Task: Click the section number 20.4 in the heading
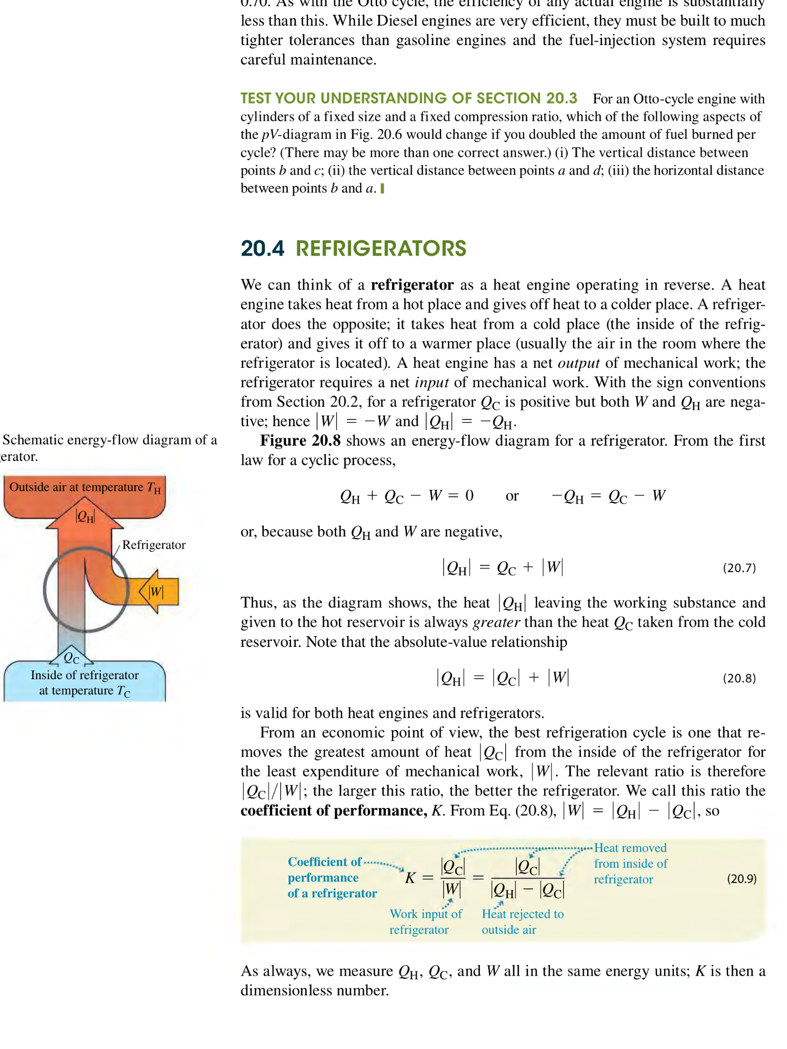(262, 249)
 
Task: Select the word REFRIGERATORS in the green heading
(381, 249)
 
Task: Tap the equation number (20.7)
(739, 568)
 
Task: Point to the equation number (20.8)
(739, 678)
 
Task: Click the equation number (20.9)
(741, 879)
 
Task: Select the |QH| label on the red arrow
(85, 516)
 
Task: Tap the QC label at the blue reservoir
(72, 658)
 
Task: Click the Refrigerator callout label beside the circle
(154, 545)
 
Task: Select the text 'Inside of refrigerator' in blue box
(85, 675)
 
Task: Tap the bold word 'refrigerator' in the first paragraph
(412, 285)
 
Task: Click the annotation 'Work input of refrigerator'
(425, 921)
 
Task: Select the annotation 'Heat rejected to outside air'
(522, 921)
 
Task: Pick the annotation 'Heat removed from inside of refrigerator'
(630, 864)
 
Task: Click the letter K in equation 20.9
(410, 878)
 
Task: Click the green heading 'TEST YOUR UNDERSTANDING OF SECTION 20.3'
(408, 98)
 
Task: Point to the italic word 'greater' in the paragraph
(496, 622)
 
